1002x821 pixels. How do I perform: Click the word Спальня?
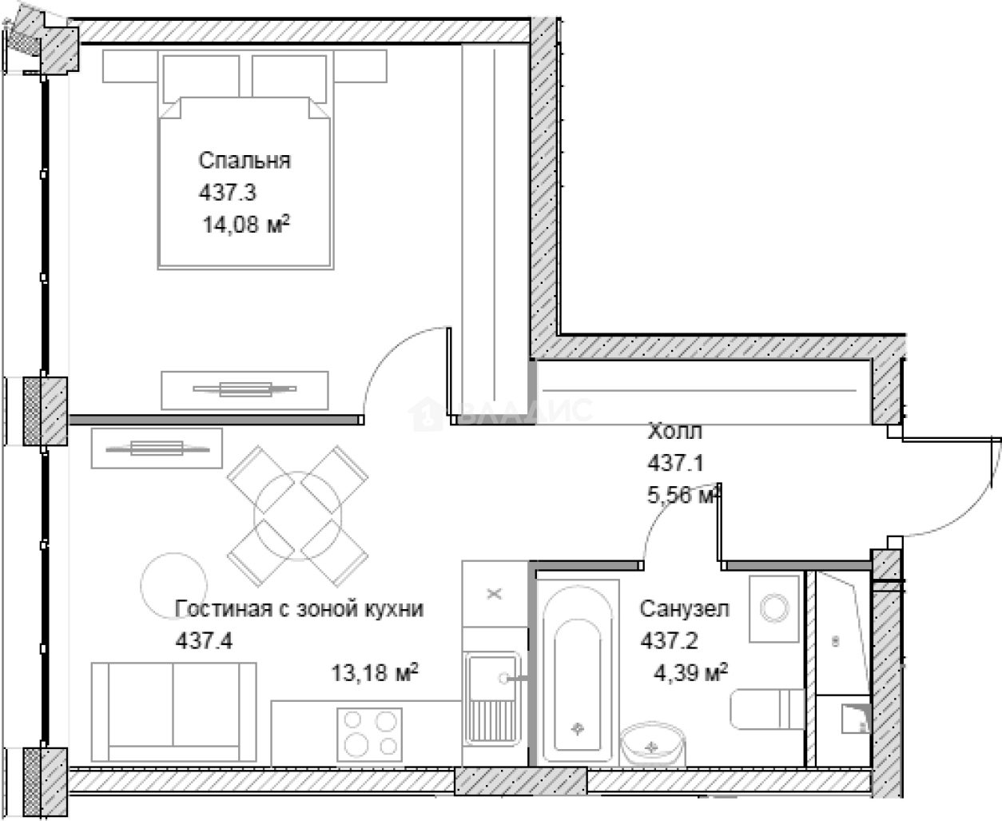pyautogui.click(x=245, y=161)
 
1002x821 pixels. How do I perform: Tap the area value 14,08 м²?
pyautogui.click(x=246, y=225)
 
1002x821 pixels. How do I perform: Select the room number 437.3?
pyautogui.click(x=228, y=193)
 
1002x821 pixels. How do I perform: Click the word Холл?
pyautogui.click(x=674, y=431)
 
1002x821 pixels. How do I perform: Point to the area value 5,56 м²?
pyautogui.click(x=683, y=495)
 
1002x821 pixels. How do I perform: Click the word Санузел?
pyautogui.click(x=684, y=609)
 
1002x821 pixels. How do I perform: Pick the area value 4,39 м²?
pyautogui.click(x=691, y=672)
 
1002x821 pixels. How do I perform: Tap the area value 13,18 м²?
pyautogui.click(x=375, y=672)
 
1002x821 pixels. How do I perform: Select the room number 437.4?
pyautogui.click(x=204, y=641)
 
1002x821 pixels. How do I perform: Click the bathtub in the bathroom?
pyautogui.click(x=577, y=672)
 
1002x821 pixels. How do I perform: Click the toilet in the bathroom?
pyautogui.click(x=767, y=709)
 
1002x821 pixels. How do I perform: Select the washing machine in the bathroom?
pyautogui.click(x=774, y=609)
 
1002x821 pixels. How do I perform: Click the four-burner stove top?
pyautogui.click(x=370, y=735)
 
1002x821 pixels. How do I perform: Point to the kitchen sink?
pyautogui.click(x=493, y=699)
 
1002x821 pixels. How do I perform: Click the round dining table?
pyautogui.click(x=297, y=516)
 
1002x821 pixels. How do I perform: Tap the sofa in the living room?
pyautogui.click(x=174, y=711)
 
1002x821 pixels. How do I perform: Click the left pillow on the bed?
pyautogui.click(x=201, y=78)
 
